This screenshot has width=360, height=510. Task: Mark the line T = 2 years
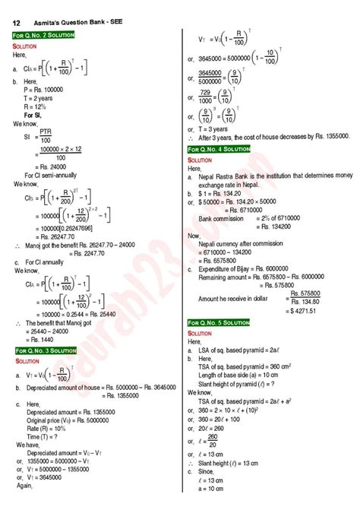point(42,97)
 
